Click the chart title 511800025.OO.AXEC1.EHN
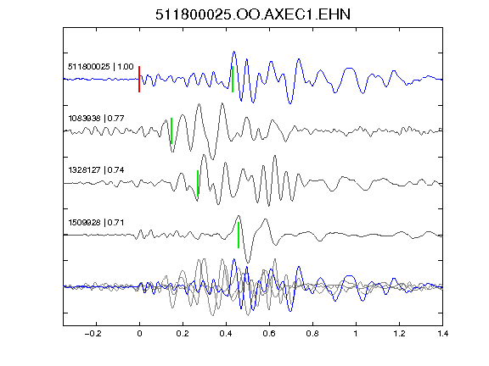pyautogui.click(x=253, y=14)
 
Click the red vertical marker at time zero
pyautogui.click(x=139, y=79)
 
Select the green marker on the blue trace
pyautogui.click(x=233, y=79)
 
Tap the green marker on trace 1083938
pyautogui.click(x=171, y=130)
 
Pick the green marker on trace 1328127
pyautogui.click(x=198, y=183)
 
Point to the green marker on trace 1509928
pyautogui.click(x=239, y=235)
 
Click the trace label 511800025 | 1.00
pyautogui.click(x=101, y=67)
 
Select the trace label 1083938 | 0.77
pyautogui.click(x=97, y=119)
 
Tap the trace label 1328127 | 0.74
pyautogui.click(x=97, y=170)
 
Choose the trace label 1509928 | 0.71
pyautogui.click(x=97, y=223)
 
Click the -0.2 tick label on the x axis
pyautogui.click(x=93, y=334)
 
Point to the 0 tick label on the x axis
pyautogui.click(x=139, y=334)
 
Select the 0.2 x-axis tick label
pyautogui.click(x=183, y=334)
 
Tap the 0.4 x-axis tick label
pyautogui.click(x=226, y=334)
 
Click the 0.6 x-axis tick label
pyautogui.click(x=269, y=334)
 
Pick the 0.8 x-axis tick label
pyautogui.click(x=312, y=334)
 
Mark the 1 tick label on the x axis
pyautogui.click(x=356, y=334)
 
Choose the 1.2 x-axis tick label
pyautogui.click(x=399, y=334)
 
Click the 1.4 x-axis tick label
pyautogui.click(x=442, y=334)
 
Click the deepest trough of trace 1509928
pyautogui.click(x=248, y=263)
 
